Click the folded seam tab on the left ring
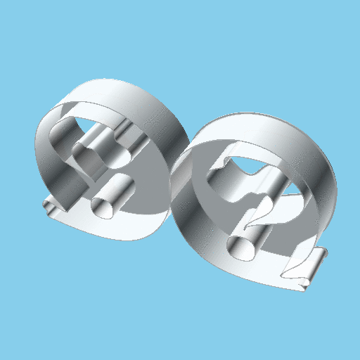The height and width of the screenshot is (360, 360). (x=51, y=209)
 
